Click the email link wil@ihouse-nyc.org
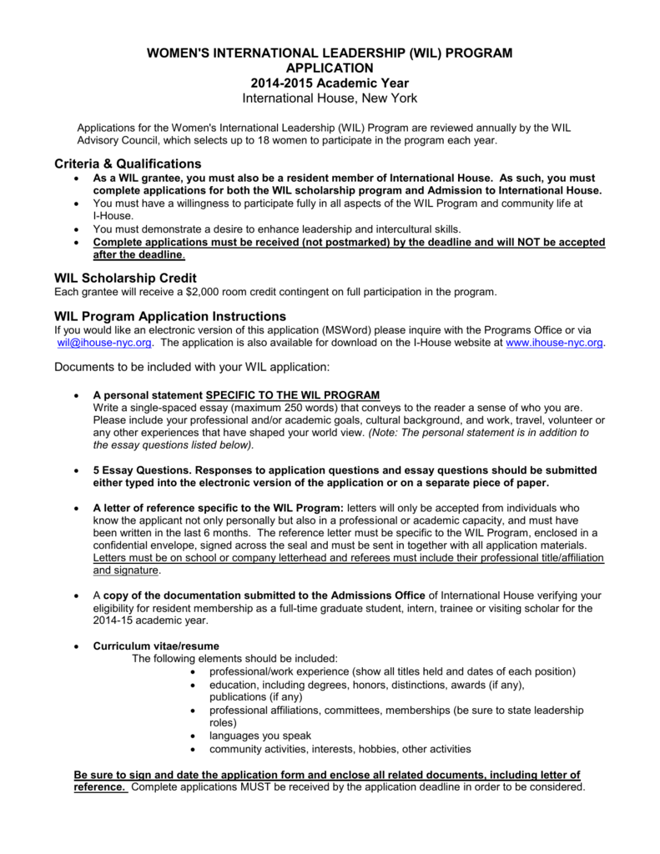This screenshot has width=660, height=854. [104, 343]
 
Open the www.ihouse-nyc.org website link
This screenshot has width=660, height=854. [554, 343]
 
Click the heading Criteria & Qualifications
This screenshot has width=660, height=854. [128, 163]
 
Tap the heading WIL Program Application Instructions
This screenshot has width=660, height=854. [170, 316]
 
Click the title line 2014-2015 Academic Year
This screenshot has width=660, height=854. [330, 83]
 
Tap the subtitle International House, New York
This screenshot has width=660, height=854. [330, 99]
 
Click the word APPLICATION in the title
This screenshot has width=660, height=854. [330, 68]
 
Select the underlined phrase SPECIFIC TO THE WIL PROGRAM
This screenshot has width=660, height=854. [293, 394]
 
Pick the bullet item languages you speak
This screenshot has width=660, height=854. [260, 736]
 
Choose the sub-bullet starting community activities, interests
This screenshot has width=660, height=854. [340, 749]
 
